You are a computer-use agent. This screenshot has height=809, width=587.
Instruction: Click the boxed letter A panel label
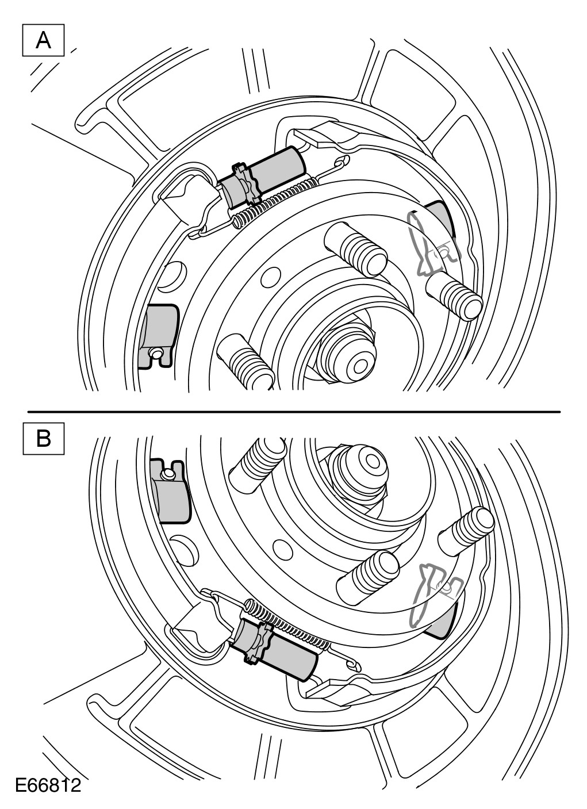[43, 40]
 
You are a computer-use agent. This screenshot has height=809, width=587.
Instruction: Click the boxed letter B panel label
[43, 439]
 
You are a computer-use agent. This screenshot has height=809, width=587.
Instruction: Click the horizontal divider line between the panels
[293, 412]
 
